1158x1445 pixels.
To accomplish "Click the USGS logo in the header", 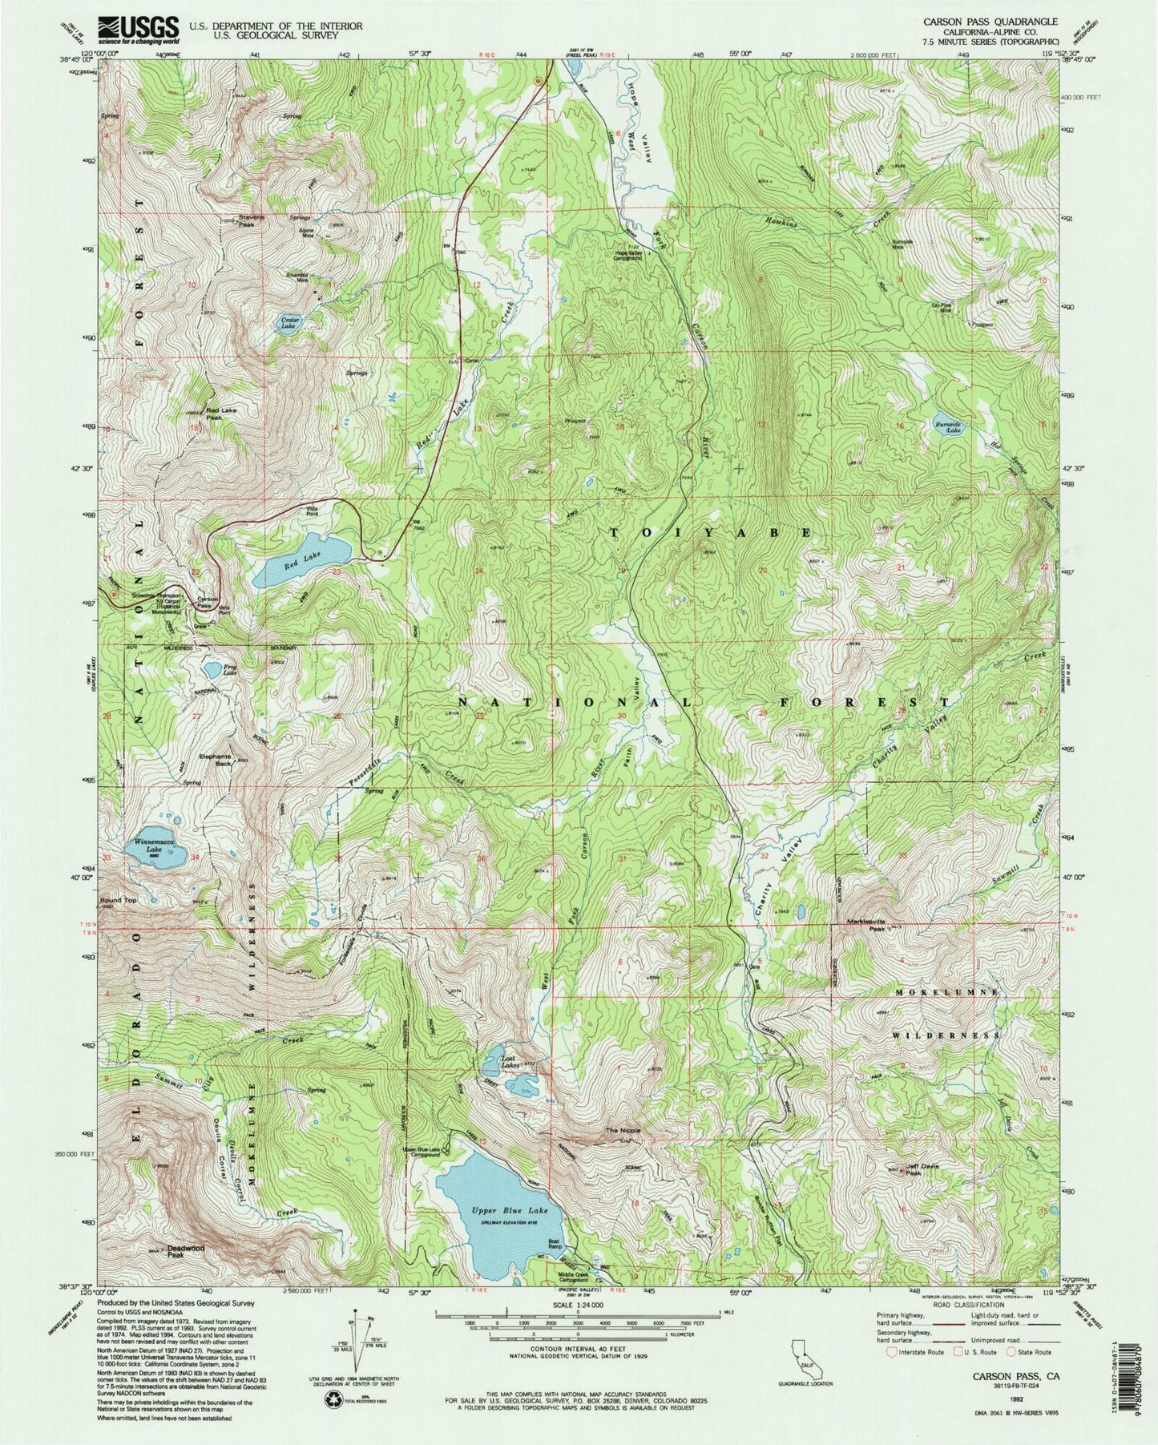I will (x=137, y=30).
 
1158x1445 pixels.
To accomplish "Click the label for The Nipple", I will (x=622, y=1130).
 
